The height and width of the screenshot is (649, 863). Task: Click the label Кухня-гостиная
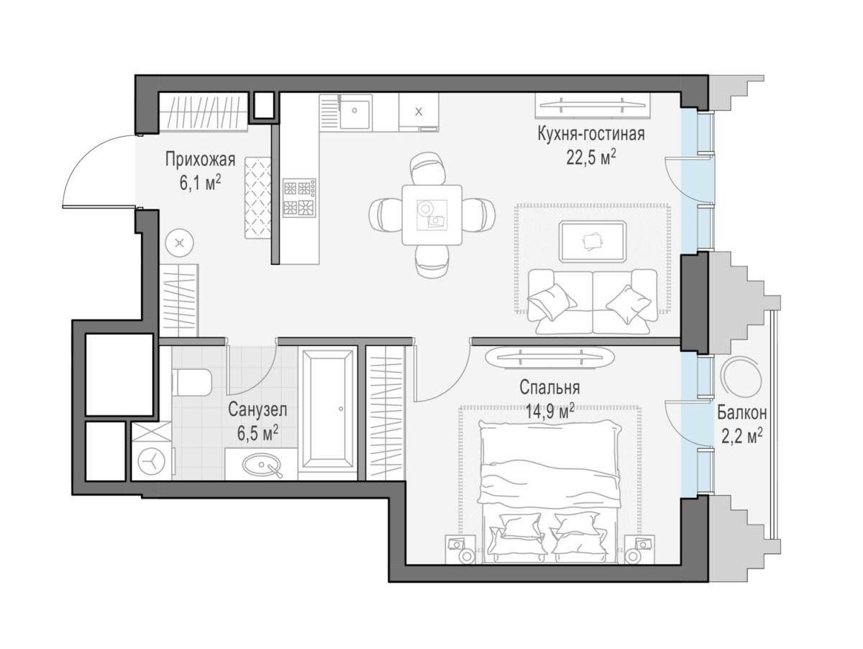click(590, 134)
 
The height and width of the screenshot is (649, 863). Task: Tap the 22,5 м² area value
click(590, 158)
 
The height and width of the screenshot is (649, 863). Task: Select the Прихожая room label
click(200, 160)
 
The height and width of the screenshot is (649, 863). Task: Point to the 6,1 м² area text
click(200, 183)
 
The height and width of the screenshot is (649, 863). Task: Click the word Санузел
click(257, 409)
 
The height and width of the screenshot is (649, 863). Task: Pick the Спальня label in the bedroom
click(549, 387)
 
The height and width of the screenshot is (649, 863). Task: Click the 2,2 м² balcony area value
click(742, 437)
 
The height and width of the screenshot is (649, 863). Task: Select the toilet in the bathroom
click(192, 382)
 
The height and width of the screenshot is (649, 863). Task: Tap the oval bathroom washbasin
click(262, 466)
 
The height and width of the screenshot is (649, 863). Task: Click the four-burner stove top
click(299, 197)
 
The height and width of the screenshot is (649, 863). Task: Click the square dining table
click(431, 214)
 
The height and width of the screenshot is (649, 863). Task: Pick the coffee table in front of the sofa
click(593, 242)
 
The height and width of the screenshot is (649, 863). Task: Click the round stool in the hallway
click(180, 243)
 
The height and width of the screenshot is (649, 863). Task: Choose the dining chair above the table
click(427, 168)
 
